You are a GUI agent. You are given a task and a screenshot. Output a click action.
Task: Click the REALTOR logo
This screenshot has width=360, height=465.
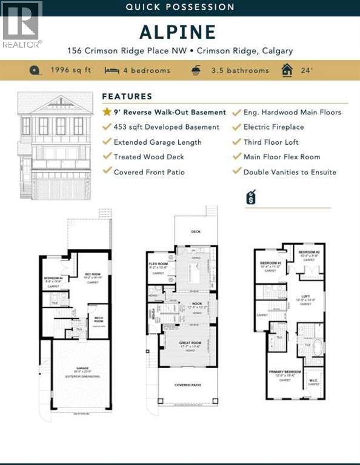click(22, 24)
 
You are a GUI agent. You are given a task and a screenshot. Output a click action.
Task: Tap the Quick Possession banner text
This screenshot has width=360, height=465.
click(179, 7)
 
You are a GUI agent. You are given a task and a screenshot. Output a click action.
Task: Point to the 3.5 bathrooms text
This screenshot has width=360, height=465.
click(240, 70)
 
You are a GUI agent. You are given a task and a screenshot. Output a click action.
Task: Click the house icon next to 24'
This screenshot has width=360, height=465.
click(287, 70)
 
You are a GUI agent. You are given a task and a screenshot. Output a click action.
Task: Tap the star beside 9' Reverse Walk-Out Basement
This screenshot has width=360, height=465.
click(107, 112)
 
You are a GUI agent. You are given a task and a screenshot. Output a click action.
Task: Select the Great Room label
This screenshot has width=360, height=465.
click(189, 343)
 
